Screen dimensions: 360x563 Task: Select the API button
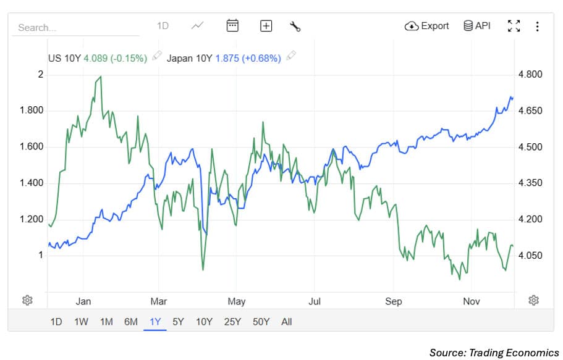(x=476, y=26)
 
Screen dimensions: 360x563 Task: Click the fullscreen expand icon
(x=514, y=26)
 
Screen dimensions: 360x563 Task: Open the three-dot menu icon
(x=537, y=26)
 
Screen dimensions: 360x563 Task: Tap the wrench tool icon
(x=295, y=26)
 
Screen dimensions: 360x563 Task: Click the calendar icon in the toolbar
(x=232, y=25)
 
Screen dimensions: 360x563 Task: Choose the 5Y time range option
(x=178, y=322)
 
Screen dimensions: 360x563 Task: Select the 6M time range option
(x=130, y=322)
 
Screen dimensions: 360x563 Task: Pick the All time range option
(x=286, y=322)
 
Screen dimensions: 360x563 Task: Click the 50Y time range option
(x=261, y=322)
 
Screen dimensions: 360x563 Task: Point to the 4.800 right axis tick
(x=530, y=75)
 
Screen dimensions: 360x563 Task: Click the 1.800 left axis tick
(x=30, y=111)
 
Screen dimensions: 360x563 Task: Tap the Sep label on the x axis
(x=393, y=301)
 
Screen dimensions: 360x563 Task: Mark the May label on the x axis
(x=237, y=301)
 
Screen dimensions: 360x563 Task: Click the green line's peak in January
(x=100, y=77)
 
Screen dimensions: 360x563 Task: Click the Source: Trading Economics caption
(x=494, y=353)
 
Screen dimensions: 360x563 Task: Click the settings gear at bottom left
(x=27, y=300)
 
